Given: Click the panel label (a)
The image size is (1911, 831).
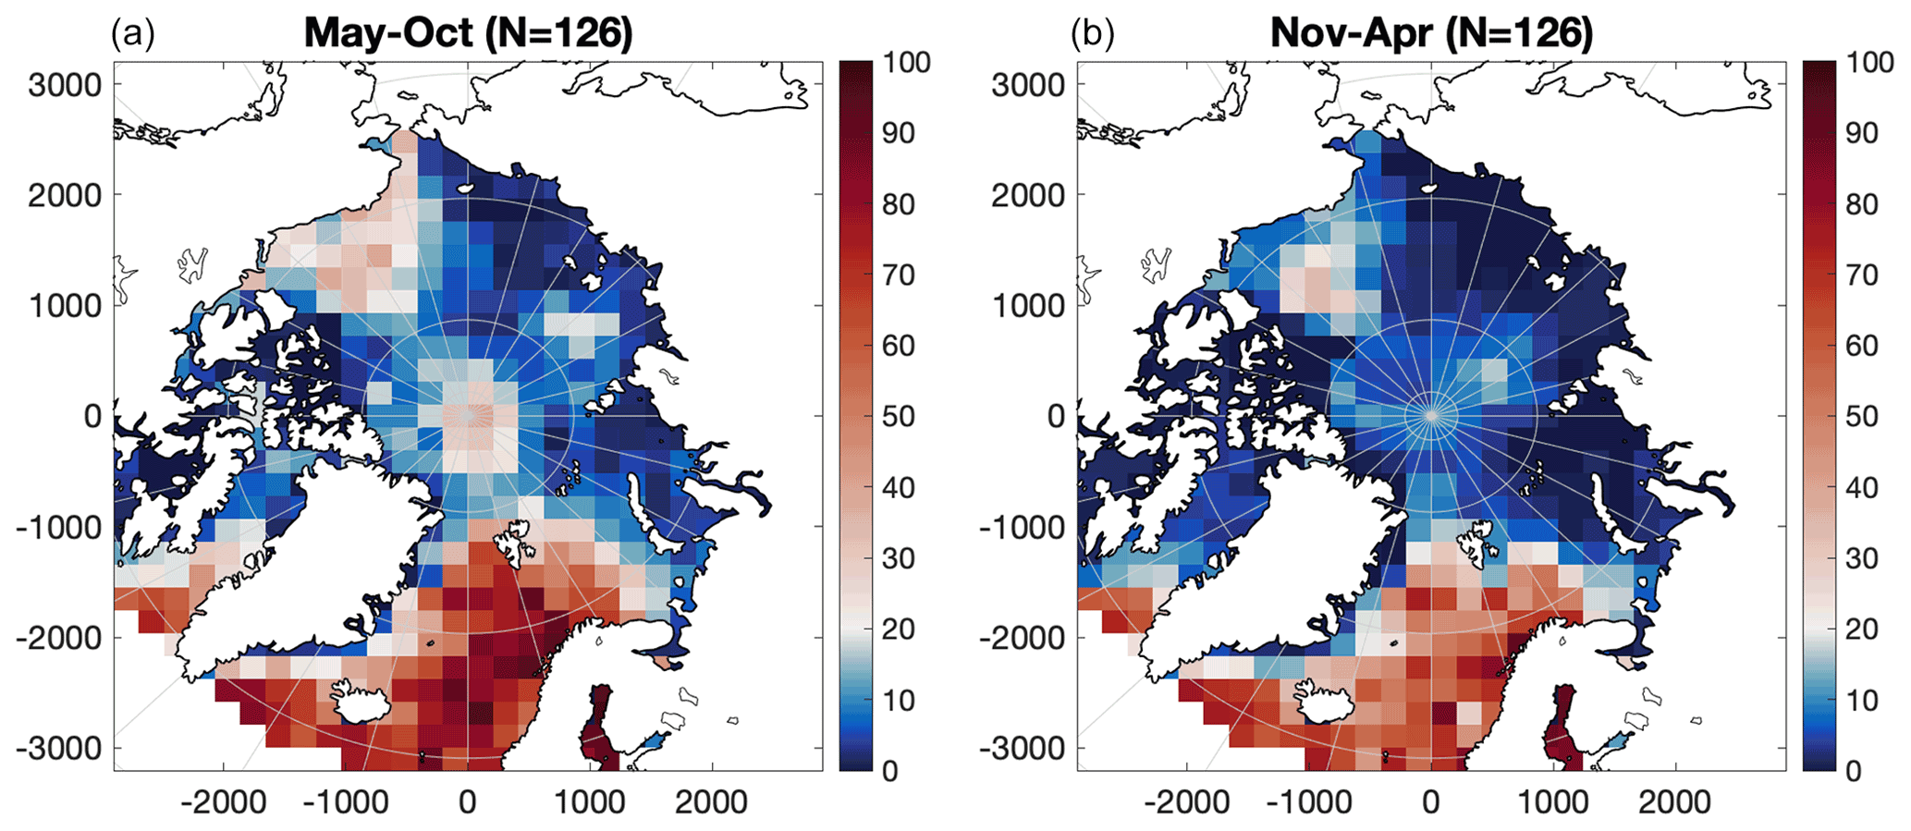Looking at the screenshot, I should coord(132,35).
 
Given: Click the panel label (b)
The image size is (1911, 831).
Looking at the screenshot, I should coord(1093,35).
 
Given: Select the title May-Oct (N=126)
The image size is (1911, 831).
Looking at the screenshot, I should coord(469,33).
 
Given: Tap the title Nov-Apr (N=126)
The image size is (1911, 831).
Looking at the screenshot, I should coord(1432,33).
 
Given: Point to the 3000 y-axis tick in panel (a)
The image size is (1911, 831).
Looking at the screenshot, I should coord(65,85).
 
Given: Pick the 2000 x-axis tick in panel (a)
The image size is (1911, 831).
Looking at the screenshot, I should coord(710,802).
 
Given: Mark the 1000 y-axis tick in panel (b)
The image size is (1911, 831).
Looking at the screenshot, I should coord(1028,306).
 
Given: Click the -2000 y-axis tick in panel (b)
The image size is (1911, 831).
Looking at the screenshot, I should coord(1023,638).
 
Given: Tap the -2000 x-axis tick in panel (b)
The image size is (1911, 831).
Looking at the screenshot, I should coord(1187,802).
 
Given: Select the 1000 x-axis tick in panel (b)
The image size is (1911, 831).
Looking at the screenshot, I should coord(1553,802).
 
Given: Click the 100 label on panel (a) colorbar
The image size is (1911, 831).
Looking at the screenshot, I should coord(906,63).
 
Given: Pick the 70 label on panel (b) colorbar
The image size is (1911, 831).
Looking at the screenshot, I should coord(1862,275).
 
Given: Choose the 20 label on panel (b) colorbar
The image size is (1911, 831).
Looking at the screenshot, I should coord(1862,629).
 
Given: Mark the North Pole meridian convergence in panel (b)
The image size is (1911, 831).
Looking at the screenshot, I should coord(1431,416).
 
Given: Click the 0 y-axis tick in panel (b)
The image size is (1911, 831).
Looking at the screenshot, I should coord(1056,417).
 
